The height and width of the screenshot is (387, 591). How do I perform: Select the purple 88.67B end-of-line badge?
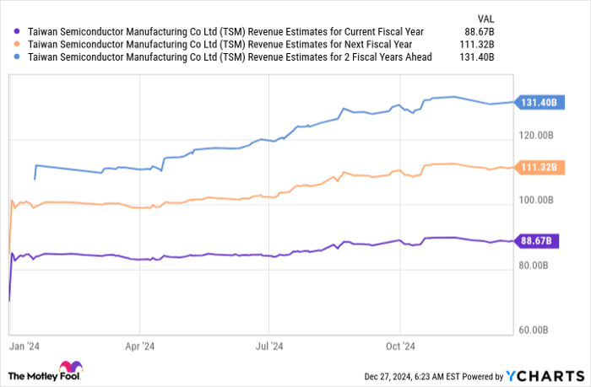537,241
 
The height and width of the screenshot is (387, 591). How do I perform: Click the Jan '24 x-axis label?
24,345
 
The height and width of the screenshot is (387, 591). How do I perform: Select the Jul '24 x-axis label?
268,345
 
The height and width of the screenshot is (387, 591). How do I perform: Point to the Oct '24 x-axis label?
399,345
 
